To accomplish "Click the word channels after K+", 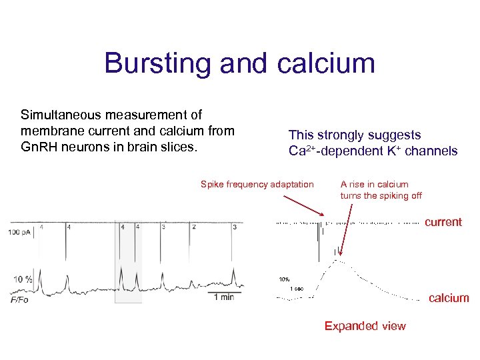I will tap(433, 151).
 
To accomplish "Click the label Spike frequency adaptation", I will tap(257, 185).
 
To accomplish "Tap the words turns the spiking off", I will tap(381, 196).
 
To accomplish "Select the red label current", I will tap(443, 223).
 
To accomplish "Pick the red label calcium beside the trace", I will tap(449, 298).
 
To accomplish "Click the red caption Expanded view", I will tap(365, 326).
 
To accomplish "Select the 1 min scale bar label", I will tap(223, 297).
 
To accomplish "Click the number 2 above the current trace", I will tap(194, 227).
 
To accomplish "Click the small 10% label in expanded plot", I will tap(284, 279).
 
